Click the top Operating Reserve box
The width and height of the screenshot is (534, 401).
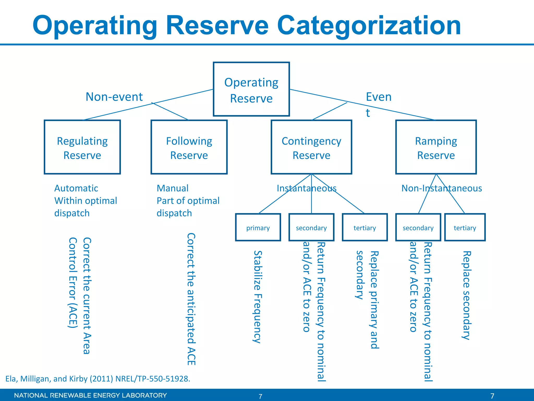click(x=251, y=89)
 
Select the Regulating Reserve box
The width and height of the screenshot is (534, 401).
click(x=82, y=147)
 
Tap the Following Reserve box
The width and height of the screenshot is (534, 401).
click(x=189, y=147)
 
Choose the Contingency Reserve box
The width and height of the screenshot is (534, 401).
click(x=311, y=147)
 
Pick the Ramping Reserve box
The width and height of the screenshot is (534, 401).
click(x=436, y=147)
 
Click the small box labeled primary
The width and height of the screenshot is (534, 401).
click(x=258, y=227)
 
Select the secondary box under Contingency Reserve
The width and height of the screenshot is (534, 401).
click(x=311, y=227)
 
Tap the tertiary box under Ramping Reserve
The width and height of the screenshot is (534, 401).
click(x=465, y=227)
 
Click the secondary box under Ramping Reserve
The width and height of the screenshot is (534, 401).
click(x=418, y=227)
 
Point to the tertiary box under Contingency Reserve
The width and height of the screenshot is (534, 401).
click(x=365, y=227)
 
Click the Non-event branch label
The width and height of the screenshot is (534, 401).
click(x=114, y=97)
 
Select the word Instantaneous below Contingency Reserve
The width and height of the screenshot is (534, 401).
click(x=307, y=188)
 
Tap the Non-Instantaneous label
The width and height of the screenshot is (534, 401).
click(x=442, y=188)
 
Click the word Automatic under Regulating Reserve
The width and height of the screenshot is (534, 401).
click(x=76, y=188)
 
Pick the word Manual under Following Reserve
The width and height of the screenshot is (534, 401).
click(x=172, y=188)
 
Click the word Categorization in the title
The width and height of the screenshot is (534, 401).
click(x=369, y=25)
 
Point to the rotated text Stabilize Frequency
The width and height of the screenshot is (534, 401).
click(x=258, y=297)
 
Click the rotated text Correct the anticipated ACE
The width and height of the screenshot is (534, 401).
click(x=191, y=299)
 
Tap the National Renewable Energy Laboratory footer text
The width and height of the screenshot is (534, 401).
click(x=90, y=395)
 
